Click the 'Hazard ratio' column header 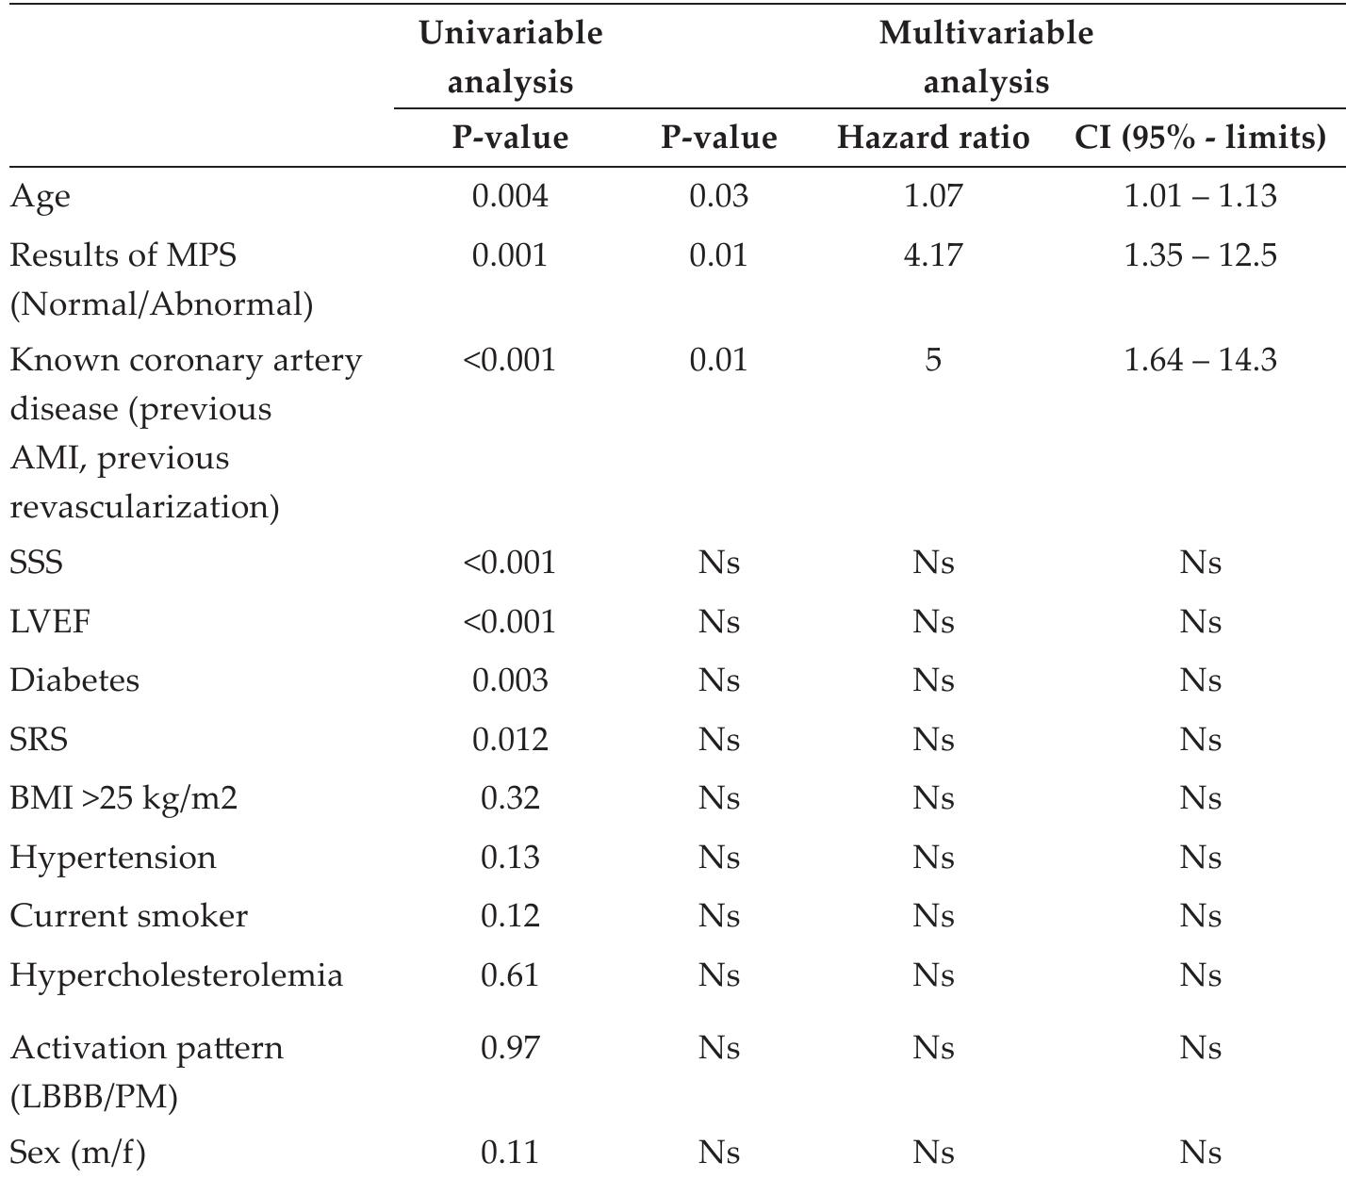coord(932,138)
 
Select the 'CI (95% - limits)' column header coord(1200,138)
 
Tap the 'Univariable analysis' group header coord(510,57)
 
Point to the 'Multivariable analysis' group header coord(985,57)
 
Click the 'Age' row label coord(41,197)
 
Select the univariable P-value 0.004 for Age coord(510,196)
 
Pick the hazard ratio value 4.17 coord(932,255)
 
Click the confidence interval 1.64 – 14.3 coord(1200,360)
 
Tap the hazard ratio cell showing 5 coord(932,360)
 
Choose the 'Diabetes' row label coord(74,680)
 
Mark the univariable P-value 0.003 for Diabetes coord(510,680)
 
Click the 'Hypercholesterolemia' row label coord(176,974)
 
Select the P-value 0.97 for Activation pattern coord(510,1048)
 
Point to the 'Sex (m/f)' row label coord(77,1152)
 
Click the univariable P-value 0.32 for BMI coord(510,798)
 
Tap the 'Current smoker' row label coord(129,916)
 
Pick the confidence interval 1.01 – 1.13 coord(1200,196)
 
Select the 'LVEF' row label coord(50,622)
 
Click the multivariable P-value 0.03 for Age coord(718,196)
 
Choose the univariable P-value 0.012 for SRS coord(510,740)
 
